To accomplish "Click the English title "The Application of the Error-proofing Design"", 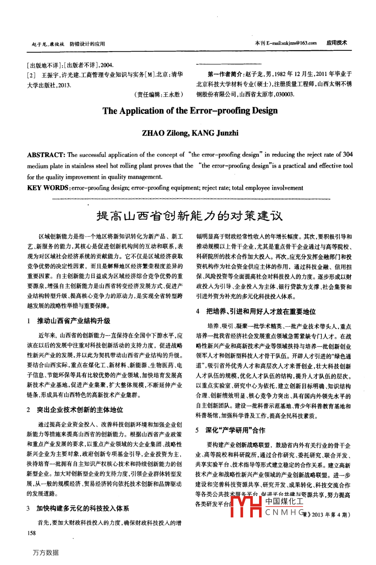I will coord(190,111).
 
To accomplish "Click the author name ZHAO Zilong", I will coord(164,133).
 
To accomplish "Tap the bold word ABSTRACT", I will coord(46,155).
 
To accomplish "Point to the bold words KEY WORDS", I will coord(48,188).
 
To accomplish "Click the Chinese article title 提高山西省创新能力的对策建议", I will coord(189,216).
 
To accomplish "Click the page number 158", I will coord(32,533).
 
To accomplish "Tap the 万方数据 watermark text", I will coord(46,552).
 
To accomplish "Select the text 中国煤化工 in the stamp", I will coord(284,501).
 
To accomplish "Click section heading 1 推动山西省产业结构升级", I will coord(73,321).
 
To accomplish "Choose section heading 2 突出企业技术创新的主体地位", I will coord(80,410).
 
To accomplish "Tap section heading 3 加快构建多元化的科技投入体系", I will coord(82,508).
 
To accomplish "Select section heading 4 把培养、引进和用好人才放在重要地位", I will coord(261,311).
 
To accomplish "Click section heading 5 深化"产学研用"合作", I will coord(235,430).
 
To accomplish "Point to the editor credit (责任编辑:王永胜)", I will coord(159,94).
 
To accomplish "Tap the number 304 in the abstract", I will coord(348,154).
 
